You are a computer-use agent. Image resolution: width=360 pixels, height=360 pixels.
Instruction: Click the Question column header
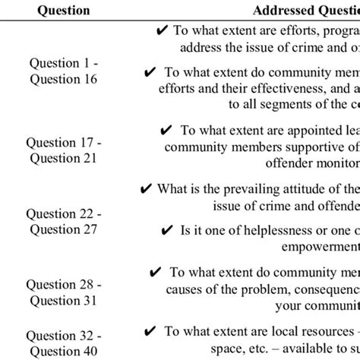62,11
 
